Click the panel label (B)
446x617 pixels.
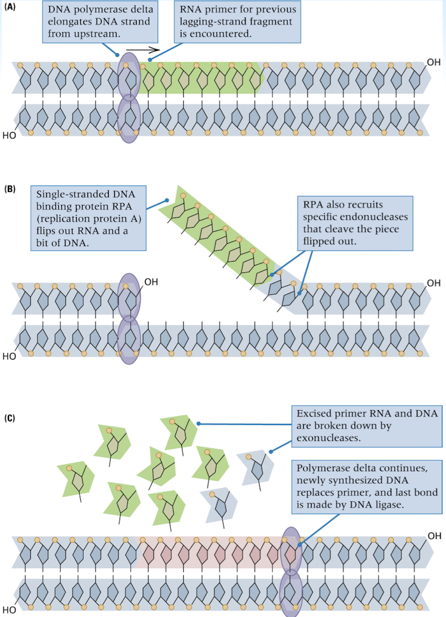(10, 190)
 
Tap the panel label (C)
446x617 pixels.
(10, 418)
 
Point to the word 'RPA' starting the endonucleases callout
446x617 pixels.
(313, 204)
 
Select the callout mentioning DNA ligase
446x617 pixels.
(366, 485)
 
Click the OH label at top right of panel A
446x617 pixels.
(434, 62)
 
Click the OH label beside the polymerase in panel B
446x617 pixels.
(151, 283)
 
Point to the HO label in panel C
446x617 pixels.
(10, 609)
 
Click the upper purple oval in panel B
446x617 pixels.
(129, 295)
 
